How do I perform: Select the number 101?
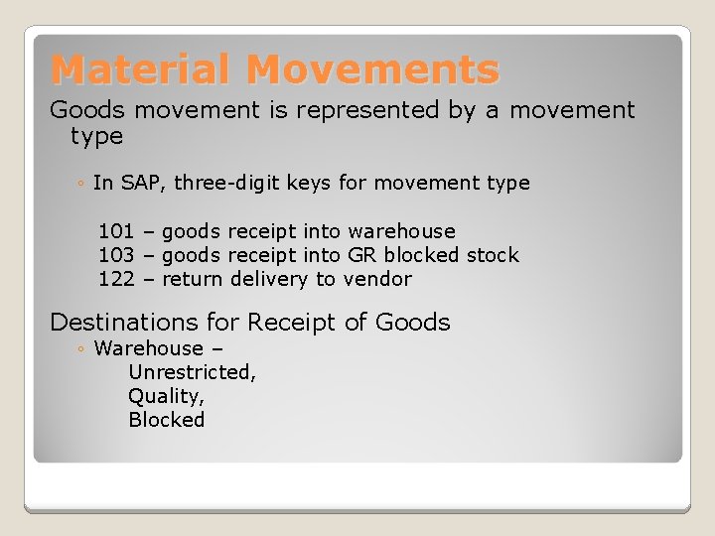coord(116,231)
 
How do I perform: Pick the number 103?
coord(116,255)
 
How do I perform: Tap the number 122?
coord(116,279)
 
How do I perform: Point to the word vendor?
coord(377,279)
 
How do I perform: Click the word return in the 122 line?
coord(193,279)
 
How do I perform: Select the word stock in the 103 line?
coord(493,255)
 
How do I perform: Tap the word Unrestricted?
coord(192,372)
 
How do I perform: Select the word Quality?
coord(165,396)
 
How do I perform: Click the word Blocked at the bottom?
coord(166,420)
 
